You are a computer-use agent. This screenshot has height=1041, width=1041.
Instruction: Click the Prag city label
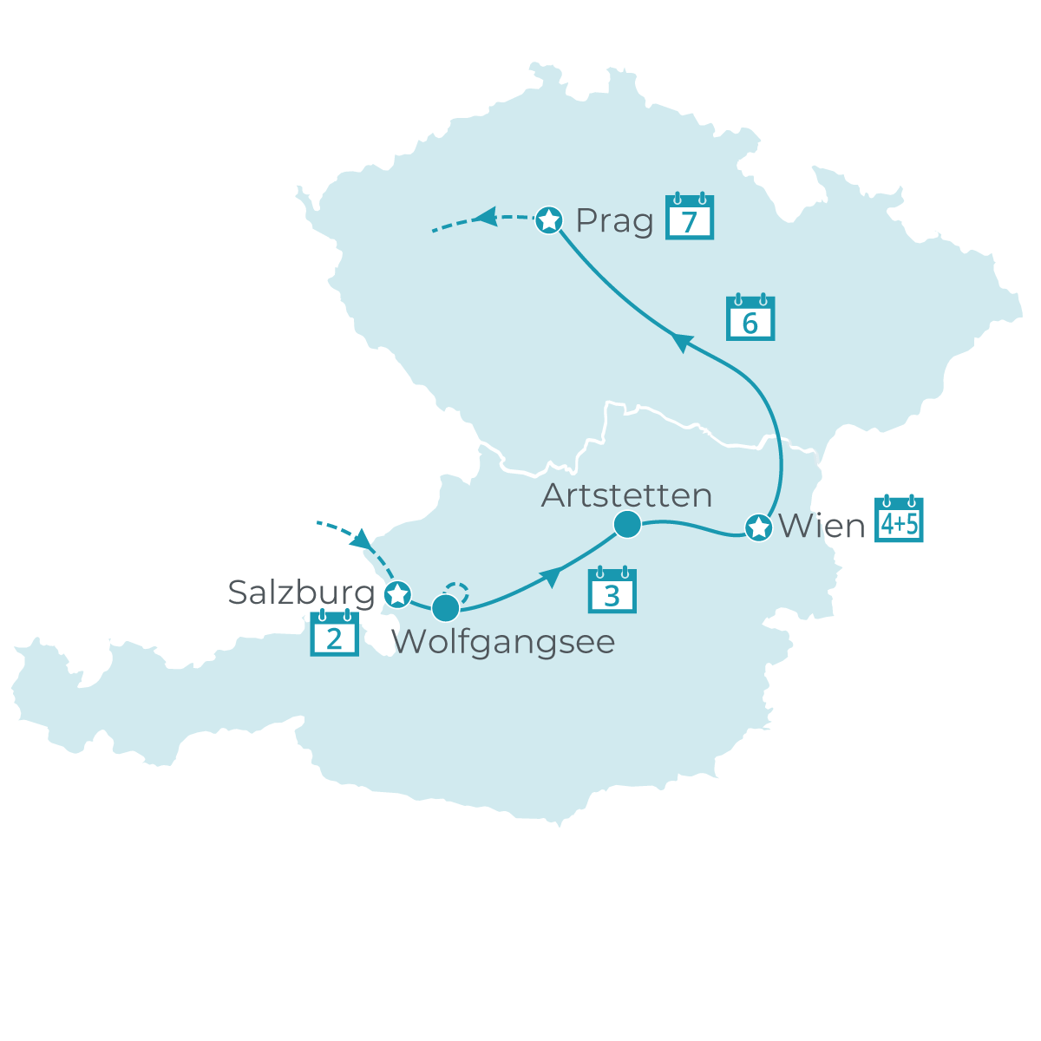click(x=614, y=221)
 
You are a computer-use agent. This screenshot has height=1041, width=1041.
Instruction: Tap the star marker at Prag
click(x=548, y=220)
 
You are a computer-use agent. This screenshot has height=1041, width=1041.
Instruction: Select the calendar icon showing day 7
click(x=690, y=217)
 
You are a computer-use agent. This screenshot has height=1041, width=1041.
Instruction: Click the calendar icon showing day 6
click(x=750, y=318)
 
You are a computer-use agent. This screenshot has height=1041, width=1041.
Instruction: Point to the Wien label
click(x=822, y=527)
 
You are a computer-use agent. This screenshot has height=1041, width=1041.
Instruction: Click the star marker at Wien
click(x=758, y=527)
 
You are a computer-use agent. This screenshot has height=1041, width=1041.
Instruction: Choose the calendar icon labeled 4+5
click(x=899, y=520)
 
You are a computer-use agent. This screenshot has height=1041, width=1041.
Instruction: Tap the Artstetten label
click(x=626, y=495)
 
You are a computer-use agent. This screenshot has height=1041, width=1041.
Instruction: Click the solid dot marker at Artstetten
click(x=626, y=524)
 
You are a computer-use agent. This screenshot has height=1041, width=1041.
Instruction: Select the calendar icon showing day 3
click(x=612, y=591)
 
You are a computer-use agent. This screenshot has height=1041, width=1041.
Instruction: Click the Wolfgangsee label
click(x=503, y=642)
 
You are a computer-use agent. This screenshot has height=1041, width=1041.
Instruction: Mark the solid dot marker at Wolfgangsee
click(x=445, y=608)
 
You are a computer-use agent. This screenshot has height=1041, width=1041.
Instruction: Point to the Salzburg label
click(x=301, y=593)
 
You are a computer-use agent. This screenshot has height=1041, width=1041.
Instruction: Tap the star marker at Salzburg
click(x=397, y=595)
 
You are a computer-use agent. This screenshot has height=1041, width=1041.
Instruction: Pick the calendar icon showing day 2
click(x=335, y=634)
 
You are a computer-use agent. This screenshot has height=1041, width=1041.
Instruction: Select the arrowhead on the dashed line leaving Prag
click(x=484, y=215)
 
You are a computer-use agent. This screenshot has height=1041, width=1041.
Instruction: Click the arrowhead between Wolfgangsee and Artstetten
click(x=550, y=577)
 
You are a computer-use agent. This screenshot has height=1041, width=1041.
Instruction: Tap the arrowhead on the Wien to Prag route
click(x=682, y=343)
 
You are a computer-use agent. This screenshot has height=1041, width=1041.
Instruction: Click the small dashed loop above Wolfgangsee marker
click(x=457, y=592)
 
